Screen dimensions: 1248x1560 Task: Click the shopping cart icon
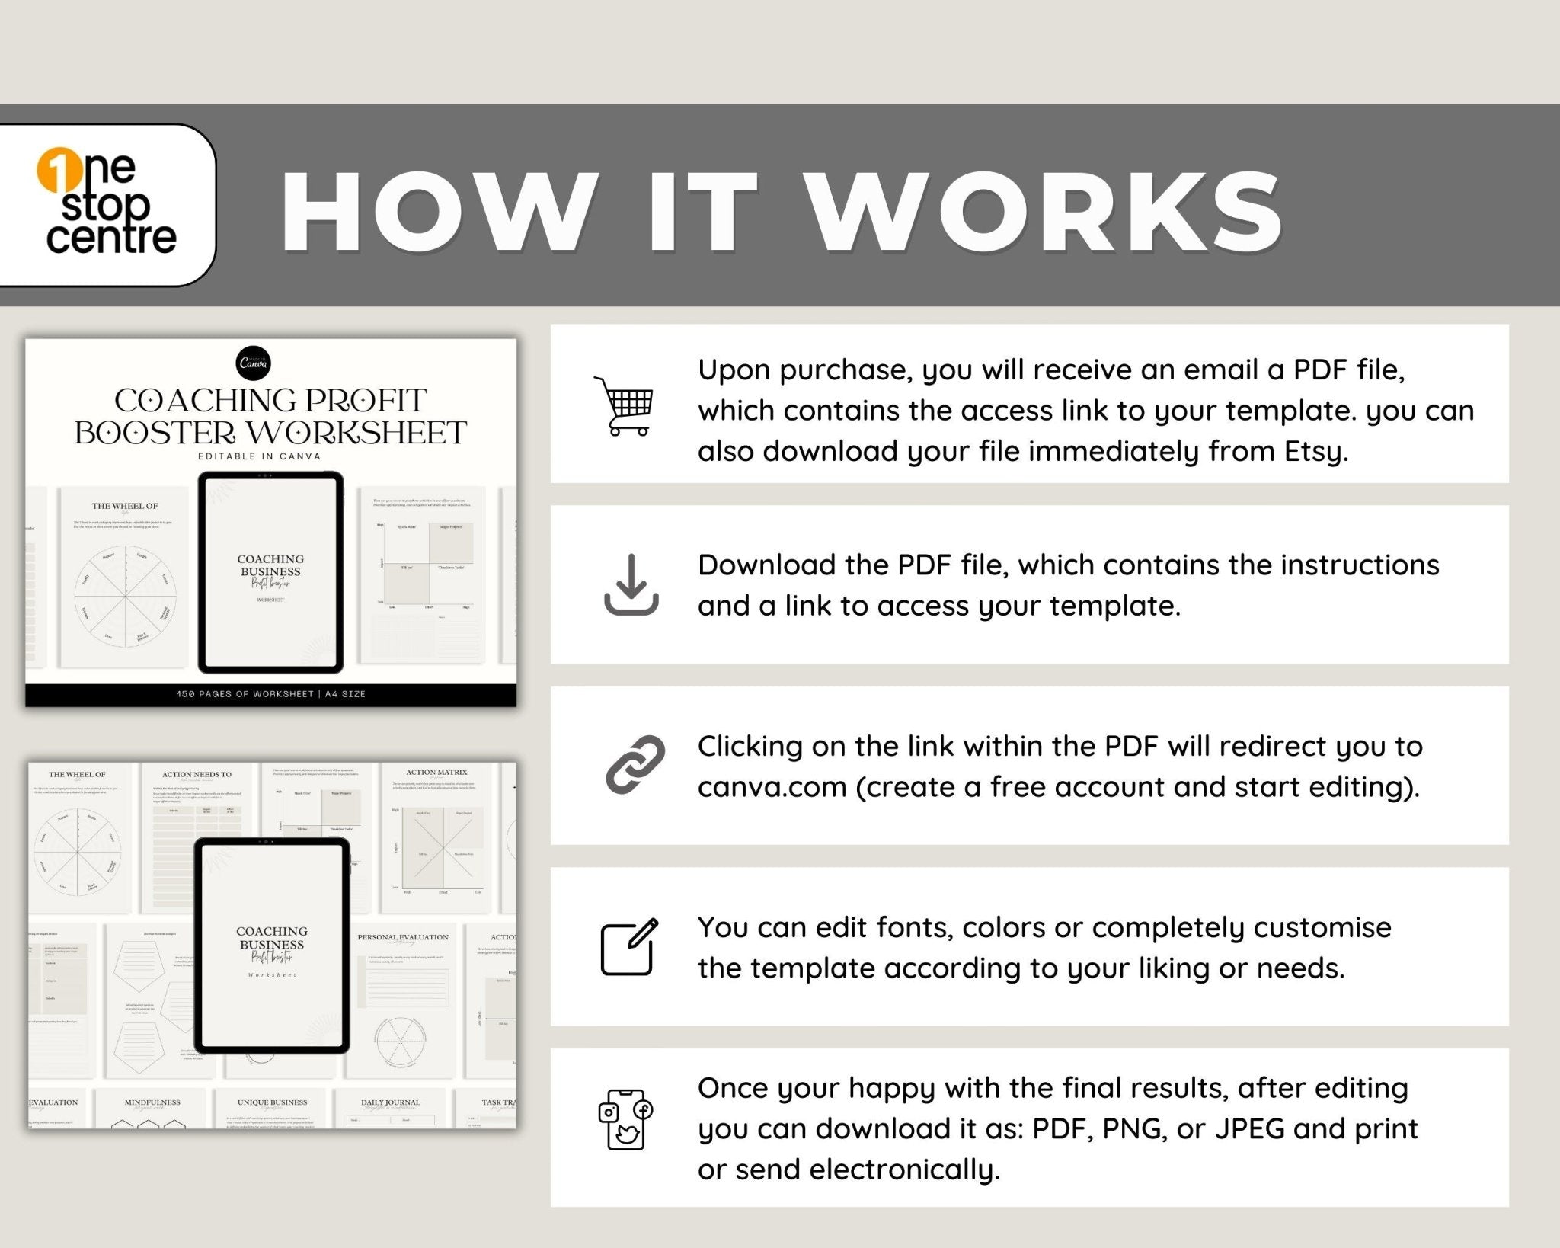tap(625, 405)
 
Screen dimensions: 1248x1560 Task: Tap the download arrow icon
tap(631, 585)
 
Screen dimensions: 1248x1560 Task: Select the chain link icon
tap(635, 765)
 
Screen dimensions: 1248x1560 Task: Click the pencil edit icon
tap(629, 947)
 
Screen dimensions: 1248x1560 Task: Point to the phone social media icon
tap(625, 1118)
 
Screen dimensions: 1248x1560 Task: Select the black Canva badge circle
tap(254, 363)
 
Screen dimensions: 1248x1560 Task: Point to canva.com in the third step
tap(772, 786)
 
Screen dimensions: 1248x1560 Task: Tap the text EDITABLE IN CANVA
tap(260, 456)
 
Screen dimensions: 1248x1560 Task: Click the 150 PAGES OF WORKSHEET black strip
tap(270, 694)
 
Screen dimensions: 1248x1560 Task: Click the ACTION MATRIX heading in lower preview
tap(436, 773)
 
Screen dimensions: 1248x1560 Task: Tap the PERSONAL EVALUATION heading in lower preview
tap(403, 937)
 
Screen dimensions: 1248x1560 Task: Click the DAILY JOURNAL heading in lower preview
tap(390, 1102)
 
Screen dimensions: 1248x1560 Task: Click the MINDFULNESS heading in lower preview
tap(152, 1102)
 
